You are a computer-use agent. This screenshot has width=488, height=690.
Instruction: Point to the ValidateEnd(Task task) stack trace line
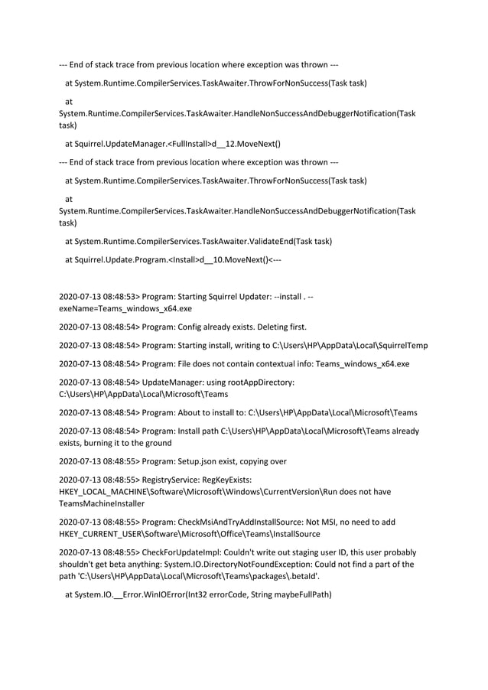click(198, 241)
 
